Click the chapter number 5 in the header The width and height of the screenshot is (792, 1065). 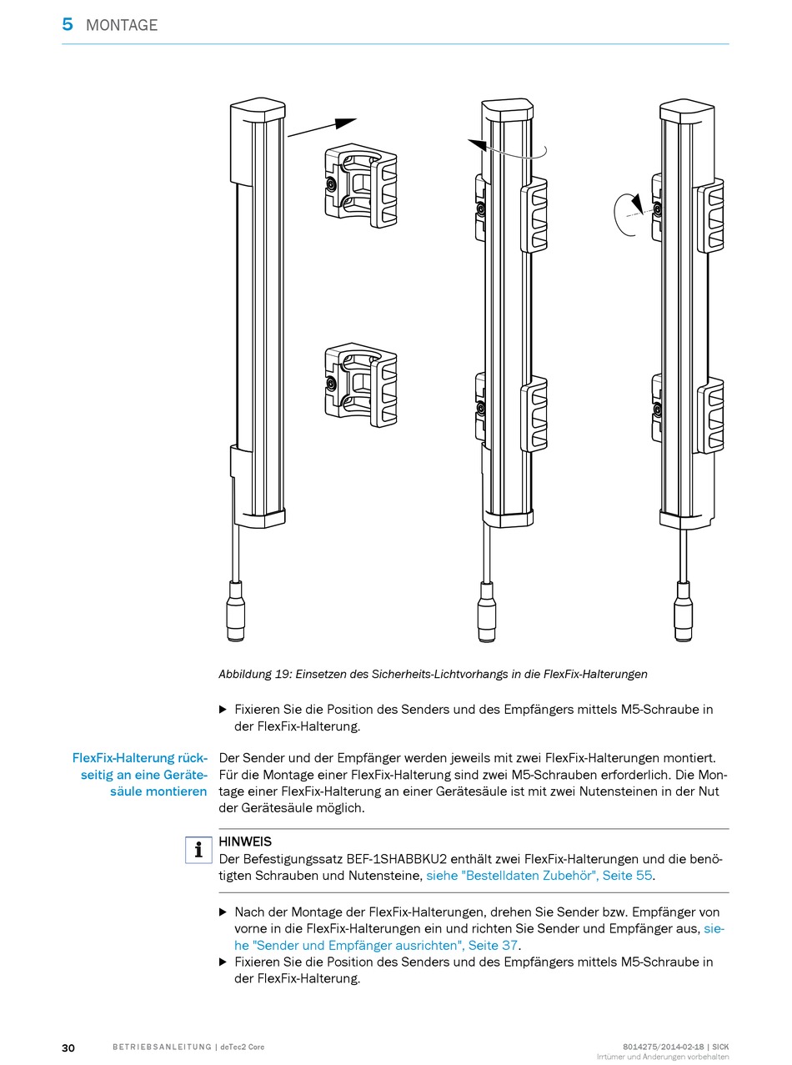coord(68,25)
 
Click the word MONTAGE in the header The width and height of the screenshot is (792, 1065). coord(122,26)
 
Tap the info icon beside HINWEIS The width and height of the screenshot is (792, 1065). coord(198,850)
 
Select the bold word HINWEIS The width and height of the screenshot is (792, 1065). coord(245,842)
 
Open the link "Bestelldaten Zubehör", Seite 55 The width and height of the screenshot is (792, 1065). coord(539,876)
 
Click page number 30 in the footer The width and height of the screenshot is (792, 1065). coord(68,1047)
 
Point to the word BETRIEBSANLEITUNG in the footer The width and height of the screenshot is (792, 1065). coord(162,1047)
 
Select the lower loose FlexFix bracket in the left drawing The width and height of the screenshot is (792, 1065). coord(359,383)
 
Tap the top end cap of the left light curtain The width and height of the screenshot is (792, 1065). coord(257,112)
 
